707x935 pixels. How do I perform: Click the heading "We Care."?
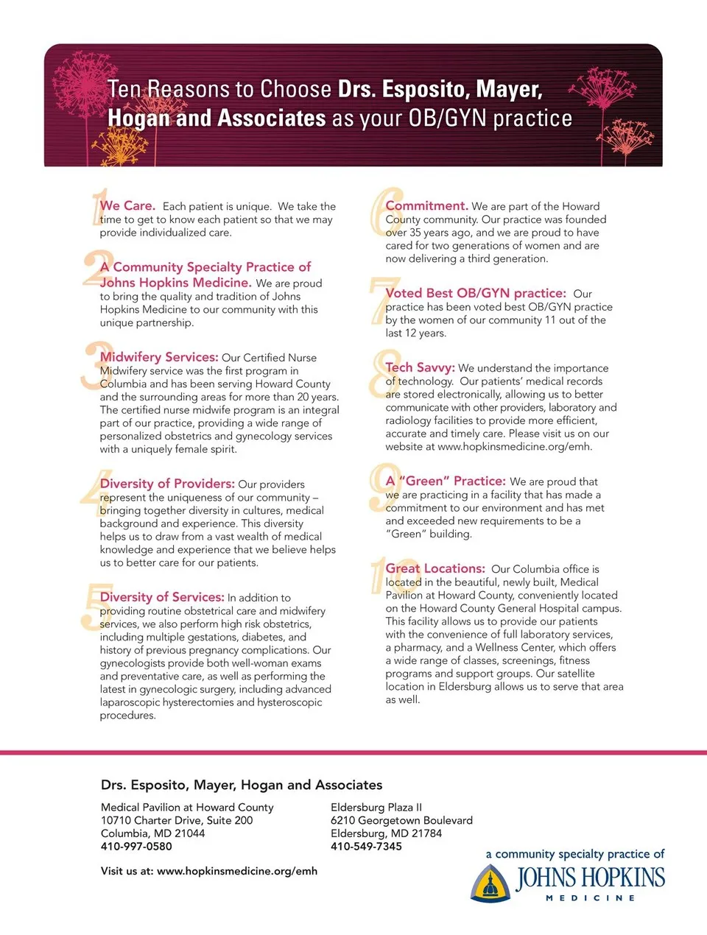click(x=127, y=206)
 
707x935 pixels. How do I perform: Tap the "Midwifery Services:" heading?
click(x=159, y=357)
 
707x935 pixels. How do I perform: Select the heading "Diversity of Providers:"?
click(x=167, y=484)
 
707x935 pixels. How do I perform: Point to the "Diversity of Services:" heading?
click(x=162, y=597)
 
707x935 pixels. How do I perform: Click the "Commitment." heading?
click(x=426, y=206)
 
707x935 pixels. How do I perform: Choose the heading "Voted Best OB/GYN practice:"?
click(x=476, y=293)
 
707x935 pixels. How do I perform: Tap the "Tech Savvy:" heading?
click(x=420, y=367)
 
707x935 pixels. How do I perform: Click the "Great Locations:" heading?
click(x=435, y=568)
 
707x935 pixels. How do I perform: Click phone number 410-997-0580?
click(x=136, y=847)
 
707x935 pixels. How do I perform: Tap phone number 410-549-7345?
click(x=366, y=847)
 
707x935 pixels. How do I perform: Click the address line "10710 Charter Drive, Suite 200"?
click(x=177, y=820)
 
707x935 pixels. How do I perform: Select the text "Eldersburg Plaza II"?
click(x=376, y=808)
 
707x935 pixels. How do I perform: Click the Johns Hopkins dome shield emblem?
click(x=490, y=883)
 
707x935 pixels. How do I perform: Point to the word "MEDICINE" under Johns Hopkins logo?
click(x=590, y=898)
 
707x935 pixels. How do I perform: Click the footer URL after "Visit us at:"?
click(x=237, y=871)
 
